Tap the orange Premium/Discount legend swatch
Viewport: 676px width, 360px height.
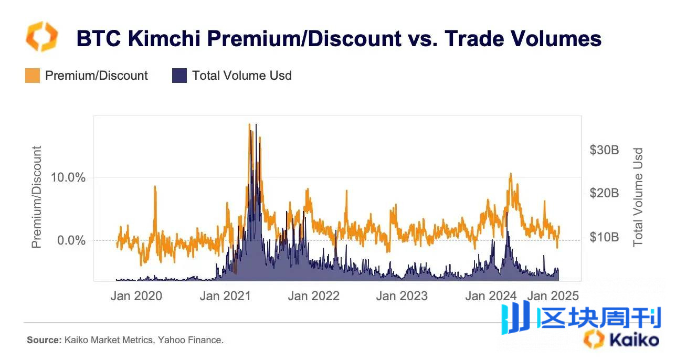(x=33, y=76)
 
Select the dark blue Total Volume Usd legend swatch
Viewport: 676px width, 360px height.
(x=179, y=76)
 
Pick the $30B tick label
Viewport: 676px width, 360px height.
(x=605, y=150)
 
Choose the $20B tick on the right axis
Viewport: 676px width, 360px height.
(x=605, y=193)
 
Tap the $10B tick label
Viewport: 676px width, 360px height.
(x=605, y=237)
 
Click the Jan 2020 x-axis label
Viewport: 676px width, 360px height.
(x=136, y=296)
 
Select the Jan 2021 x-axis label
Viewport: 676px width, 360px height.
(x=225, y=296)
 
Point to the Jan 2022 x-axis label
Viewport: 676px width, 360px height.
(x=313, y=296)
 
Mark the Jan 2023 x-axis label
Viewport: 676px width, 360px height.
(x=402, y=296)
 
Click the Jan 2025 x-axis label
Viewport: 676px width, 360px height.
(x=553, y=296)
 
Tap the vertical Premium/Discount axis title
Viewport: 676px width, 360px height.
(x=36, y=197)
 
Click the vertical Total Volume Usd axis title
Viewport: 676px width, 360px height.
(x=638, y=197)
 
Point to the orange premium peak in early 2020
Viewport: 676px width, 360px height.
(x=155, y=186)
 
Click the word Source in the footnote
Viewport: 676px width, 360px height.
(x=44, y=340)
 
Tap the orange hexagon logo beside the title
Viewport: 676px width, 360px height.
(x=41, y=36)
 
